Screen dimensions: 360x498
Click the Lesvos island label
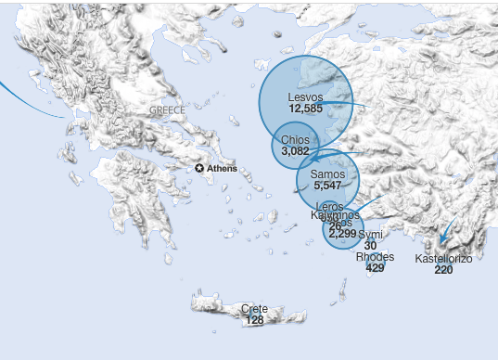coord(305,96)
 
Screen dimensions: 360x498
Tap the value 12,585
coord(305,109)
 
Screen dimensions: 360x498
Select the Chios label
coord(295,139)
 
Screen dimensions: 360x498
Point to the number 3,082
coord(295,150)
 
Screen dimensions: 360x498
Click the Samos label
coord(327,174)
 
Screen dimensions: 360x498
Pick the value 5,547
coord(328,186)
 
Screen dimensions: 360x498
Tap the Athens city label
coord(222,169)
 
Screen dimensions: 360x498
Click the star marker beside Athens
coord(199,168)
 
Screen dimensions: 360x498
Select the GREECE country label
coord(167,110)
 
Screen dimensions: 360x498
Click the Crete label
coord(254,308)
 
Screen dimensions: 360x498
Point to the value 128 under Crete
coord(254,319)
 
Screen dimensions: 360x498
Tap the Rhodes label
coord(375,256)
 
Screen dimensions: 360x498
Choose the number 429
coord(375,267)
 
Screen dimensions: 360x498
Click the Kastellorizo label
coord(443,259)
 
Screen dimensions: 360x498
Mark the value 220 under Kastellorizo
coord(443,270)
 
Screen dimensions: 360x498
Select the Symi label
coord(371,235)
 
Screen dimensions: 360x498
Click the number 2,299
coord(342,234)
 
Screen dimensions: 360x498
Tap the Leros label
coord(329,205)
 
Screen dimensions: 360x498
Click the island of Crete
coord(223,304)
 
